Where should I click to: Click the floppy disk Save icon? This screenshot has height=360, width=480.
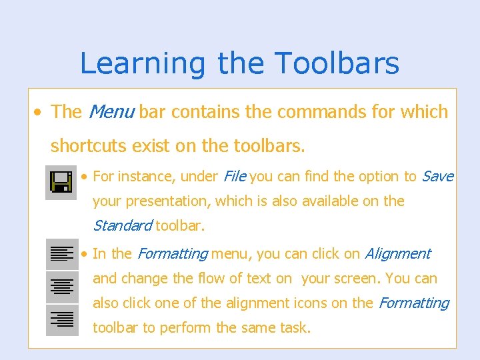(61, 182)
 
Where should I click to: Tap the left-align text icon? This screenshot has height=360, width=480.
(62, 254)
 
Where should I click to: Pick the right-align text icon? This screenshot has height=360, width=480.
(62, 320)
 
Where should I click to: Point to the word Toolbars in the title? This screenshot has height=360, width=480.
(337, 64)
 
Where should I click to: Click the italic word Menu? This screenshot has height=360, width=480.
(111, 112)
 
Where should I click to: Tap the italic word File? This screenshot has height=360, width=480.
(234, 177)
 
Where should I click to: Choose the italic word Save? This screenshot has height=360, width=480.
(438, 177)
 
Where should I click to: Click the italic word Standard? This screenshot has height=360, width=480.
(122, 226)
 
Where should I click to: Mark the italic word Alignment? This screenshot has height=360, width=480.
(398, 254)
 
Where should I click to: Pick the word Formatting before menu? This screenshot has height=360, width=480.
(172, 254)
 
